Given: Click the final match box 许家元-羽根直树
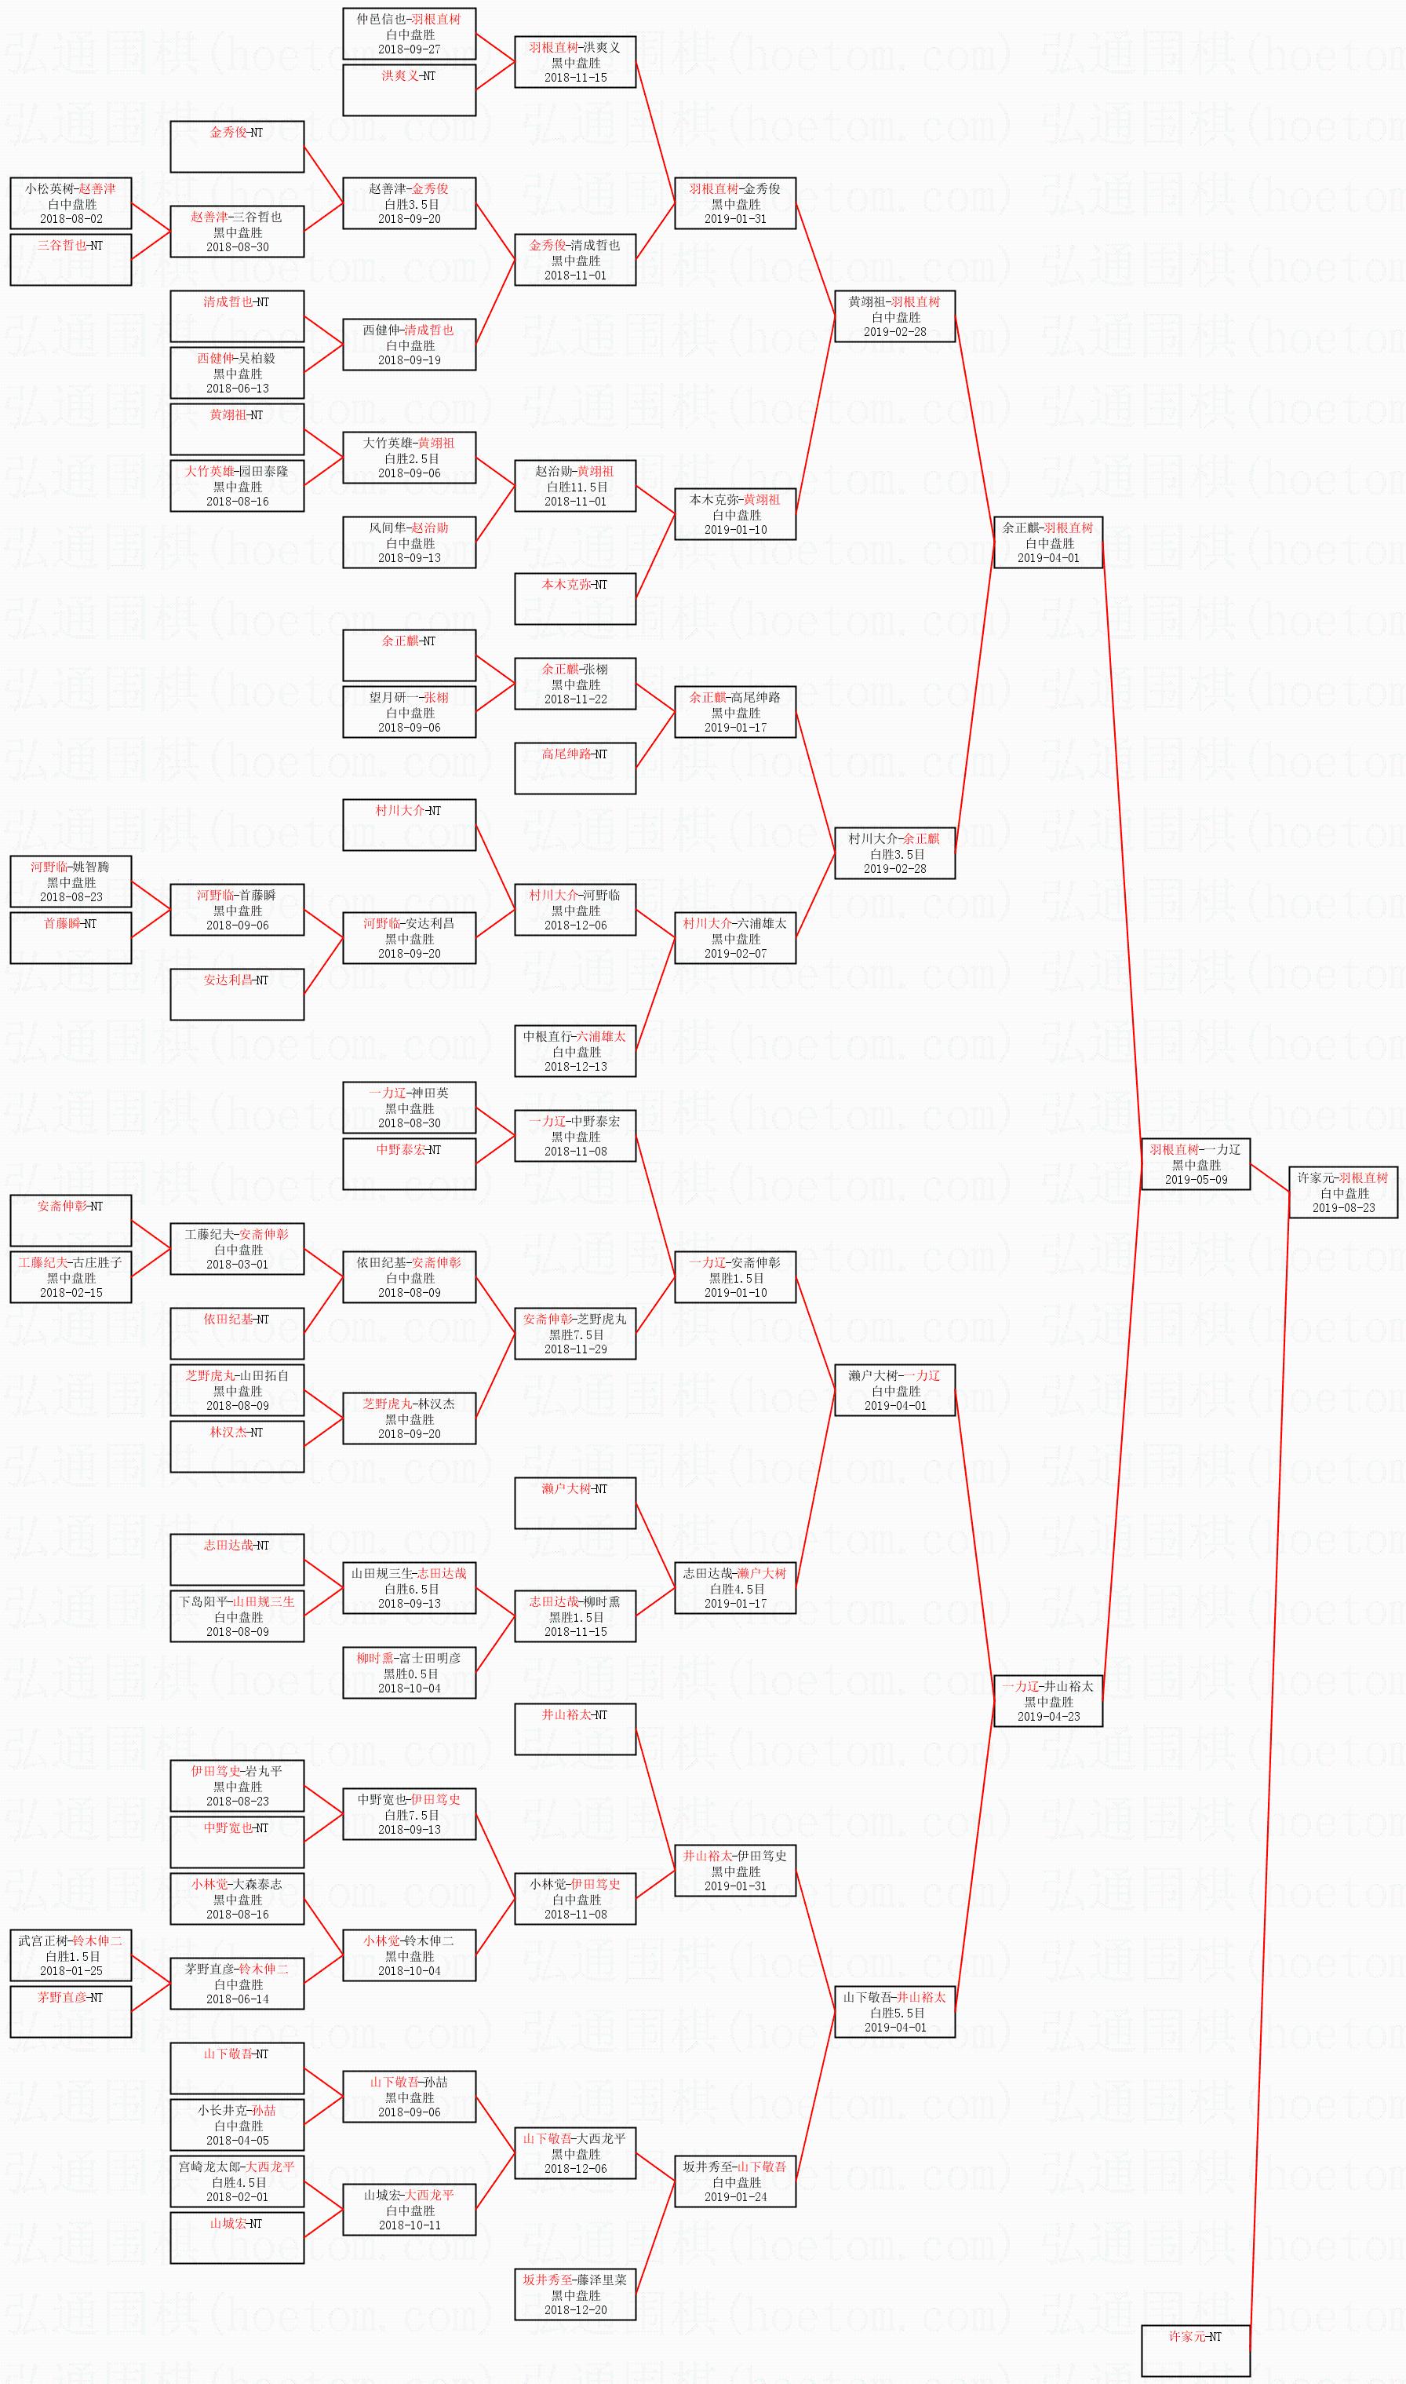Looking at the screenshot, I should click(x=1342, y=1192).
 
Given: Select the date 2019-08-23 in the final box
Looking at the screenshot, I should click(x=1342, y=1207).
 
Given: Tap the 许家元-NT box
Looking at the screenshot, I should click(x=1195, y=2337).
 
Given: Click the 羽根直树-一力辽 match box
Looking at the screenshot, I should click(x=1195, y=1164).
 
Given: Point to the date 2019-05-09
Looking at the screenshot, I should click(x=1195, y=1179).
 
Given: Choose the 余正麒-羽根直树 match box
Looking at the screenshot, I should click(x=1048, y=542).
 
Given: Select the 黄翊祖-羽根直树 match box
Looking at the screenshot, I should click(x=894, y=316).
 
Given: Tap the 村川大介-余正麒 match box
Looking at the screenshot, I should click(x=894, y=853).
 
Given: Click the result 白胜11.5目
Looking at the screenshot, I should click(x=575, y=486).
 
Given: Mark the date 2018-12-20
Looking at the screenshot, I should click(x=575, y=2310).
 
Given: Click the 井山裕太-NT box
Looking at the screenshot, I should click(x=575, y=1729).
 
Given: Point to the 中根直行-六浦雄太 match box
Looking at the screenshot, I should click(x=575, y=1051).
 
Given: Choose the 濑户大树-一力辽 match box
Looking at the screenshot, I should click(x=894, y=1390).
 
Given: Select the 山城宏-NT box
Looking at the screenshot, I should click(x=237, y=2238).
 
